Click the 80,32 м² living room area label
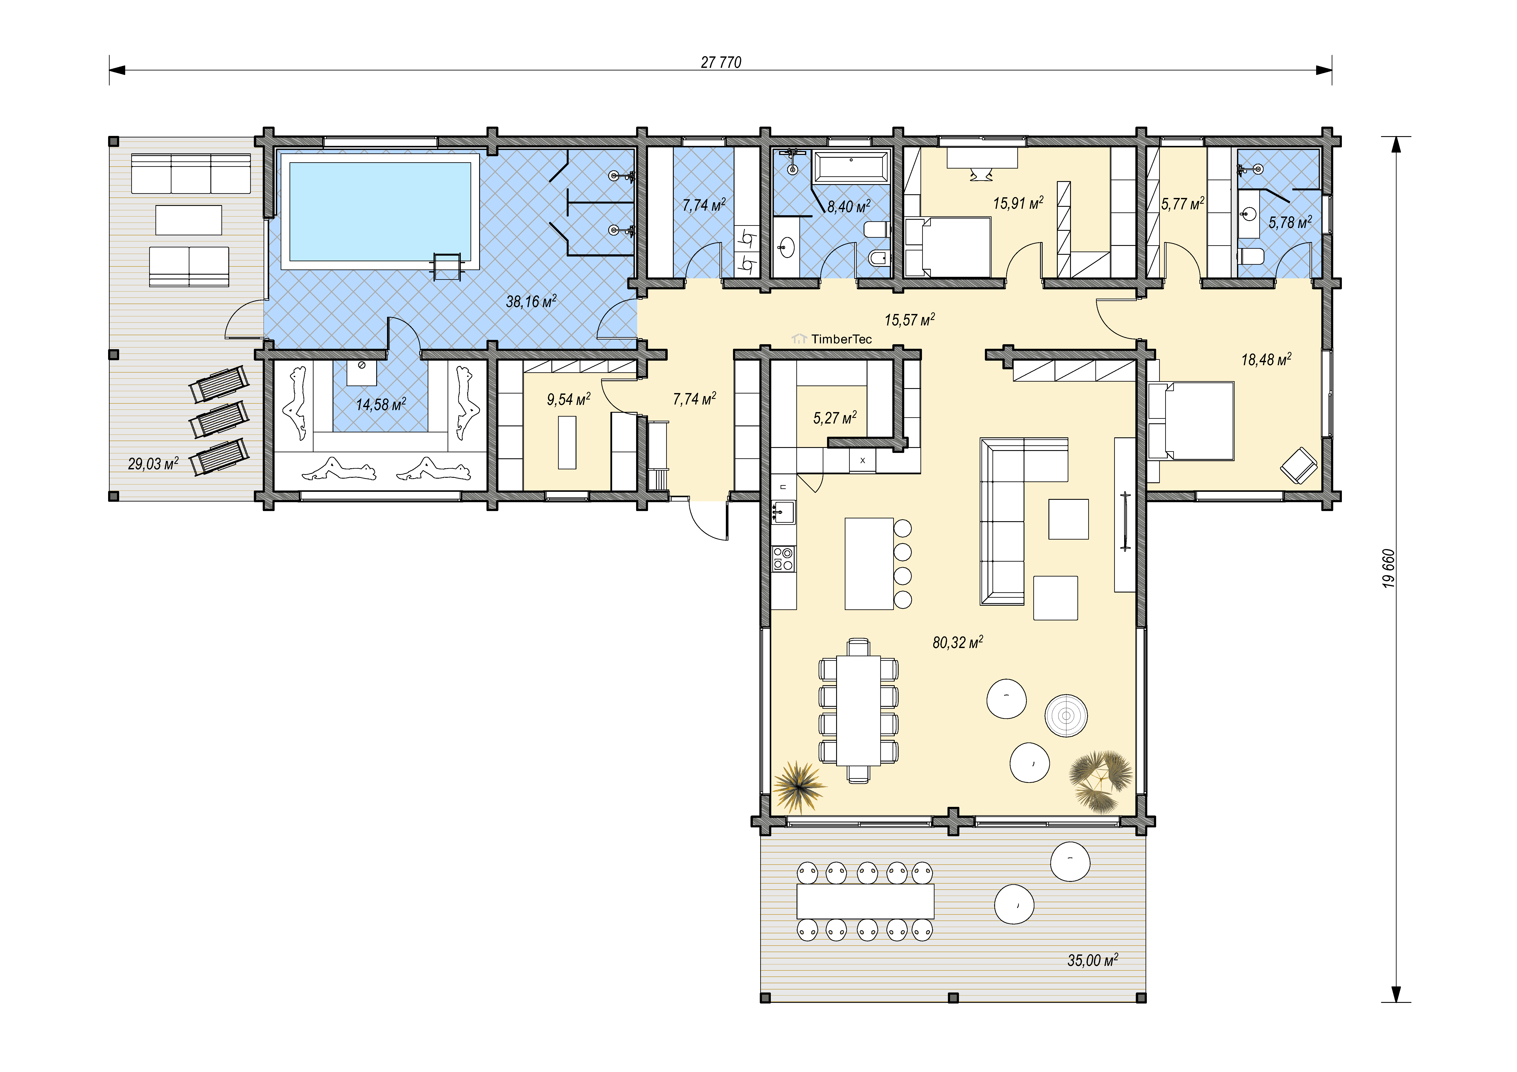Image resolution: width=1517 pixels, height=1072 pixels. [x=957, y=642]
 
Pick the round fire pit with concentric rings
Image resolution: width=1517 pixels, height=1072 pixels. [x=1066, y=715]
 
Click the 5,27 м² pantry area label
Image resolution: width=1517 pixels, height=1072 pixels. [x=834, y=417]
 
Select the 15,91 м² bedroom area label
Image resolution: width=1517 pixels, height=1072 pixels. [x=1018, y=203]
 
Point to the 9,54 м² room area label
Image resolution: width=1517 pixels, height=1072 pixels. [x=568, y=399]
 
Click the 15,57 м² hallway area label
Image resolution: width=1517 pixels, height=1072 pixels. [x=910, y=320]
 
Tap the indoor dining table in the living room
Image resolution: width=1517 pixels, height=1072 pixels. [x=858, y=710]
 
